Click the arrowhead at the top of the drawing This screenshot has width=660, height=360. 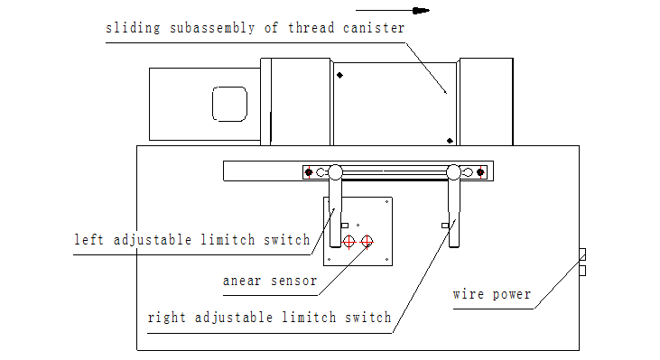pyautogui.click(x=421, y=11)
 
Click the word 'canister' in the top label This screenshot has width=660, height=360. pyautogui.click(x=374, y=28)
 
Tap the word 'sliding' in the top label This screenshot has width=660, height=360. pyautogui.click(x=133, y=28)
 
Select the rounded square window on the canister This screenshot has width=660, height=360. pyautogui.click(x=229, y=104)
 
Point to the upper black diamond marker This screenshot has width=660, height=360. pyautogui.click(x=339, y=75)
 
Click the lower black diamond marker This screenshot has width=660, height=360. pyautogui.click(x=450, y=141)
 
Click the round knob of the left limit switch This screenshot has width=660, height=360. pyautogui.click(x=335, y=172)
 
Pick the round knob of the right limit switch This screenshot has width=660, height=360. pyautogui.click(x=453, y=172)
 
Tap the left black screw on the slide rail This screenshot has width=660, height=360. pyautogui.click(x=309, y=172)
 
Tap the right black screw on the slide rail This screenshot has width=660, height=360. pyautogui.click(x=480, y=172)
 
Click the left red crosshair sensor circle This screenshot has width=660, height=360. pyautogui.click(x=349, y=242)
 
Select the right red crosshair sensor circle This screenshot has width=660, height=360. pyautogui.click(x=367, y=242)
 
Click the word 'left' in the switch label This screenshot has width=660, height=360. pyautogui.click(x=88, y=240)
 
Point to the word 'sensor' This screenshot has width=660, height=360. pyautogui.click(x=293, y=281)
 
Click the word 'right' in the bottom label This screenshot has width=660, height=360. pyautogui.click(x=167, y=318)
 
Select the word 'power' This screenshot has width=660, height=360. pyautogui.click(x=512, y=295)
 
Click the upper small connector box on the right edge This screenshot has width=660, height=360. pyautogui.click(x=582, y=254)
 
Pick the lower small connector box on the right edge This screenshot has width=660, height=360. pyautogui.click(x=582, y=271)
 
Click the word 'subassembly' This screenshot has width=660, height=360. pyautogui.click(x=212, y=28)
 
